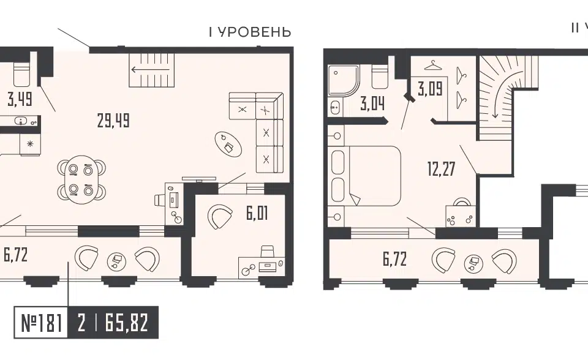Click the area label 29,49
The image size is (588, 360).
(x=113, y=121)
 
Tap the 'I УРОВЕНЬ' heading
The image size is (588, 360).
(x=250, y=32)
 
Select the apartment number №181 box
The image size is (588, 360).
(x=41, y=323)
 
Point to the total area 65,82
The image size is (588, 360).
(x=127, y=323)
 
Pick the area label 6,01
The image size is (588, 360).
(x=257, y=214)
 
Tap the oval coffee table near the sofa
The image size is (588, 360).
(x=228, y=144)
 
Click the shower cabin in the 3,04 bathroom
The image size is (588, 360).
(x=344, y=80)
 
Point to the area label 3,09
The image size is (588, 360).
(x=430, y=89)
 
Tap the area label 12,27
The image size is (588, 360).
(x=442, y=168)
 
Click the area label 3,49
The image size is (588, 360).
(x=20, y=99)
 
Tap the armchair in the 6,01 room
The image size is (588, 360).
(x=220, y=217)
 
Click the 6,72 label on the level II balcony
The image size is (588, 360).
(x=395, y=259)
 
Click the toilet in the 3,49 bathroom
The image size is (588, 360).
(x=21, y=74)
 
